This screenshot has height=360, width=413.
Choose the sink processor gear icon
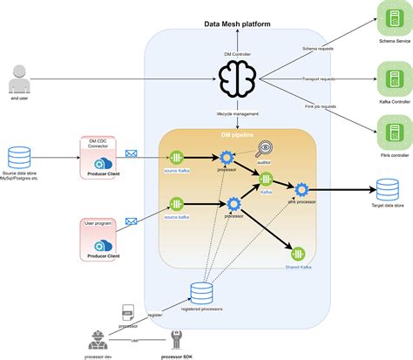[x=301, y=190]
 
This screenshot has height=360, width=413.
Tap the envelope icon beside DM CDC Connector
[x=132, y=154]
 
